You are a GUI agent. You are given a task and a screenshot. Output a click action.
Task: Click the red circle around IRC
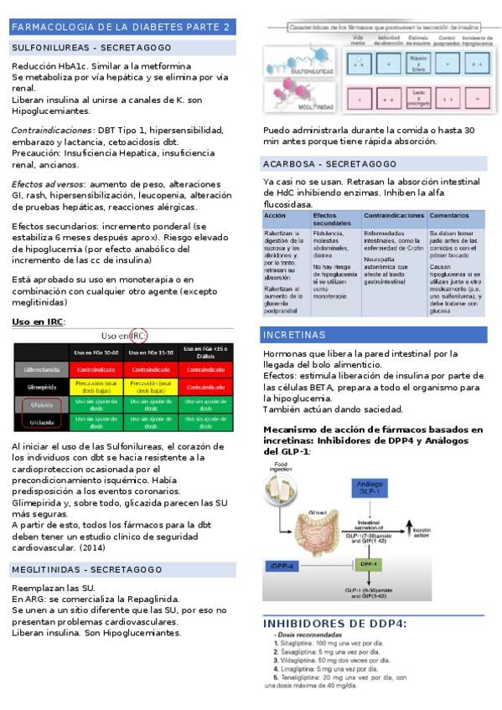(x=138, y=336)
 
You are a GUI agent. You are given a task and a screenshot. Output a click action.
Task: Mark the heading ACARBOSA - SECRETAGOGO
(x=329, y=164)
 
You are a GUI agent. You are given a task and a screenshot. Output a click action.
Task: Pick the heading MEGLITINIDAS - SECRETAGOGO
(x=85, y=569)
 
